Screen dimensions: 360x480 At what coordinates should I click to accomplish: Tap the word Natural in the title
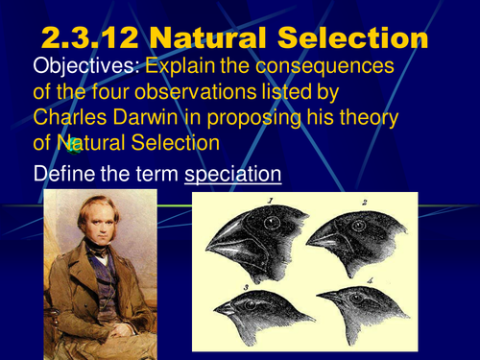click(x=214, y=38)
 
